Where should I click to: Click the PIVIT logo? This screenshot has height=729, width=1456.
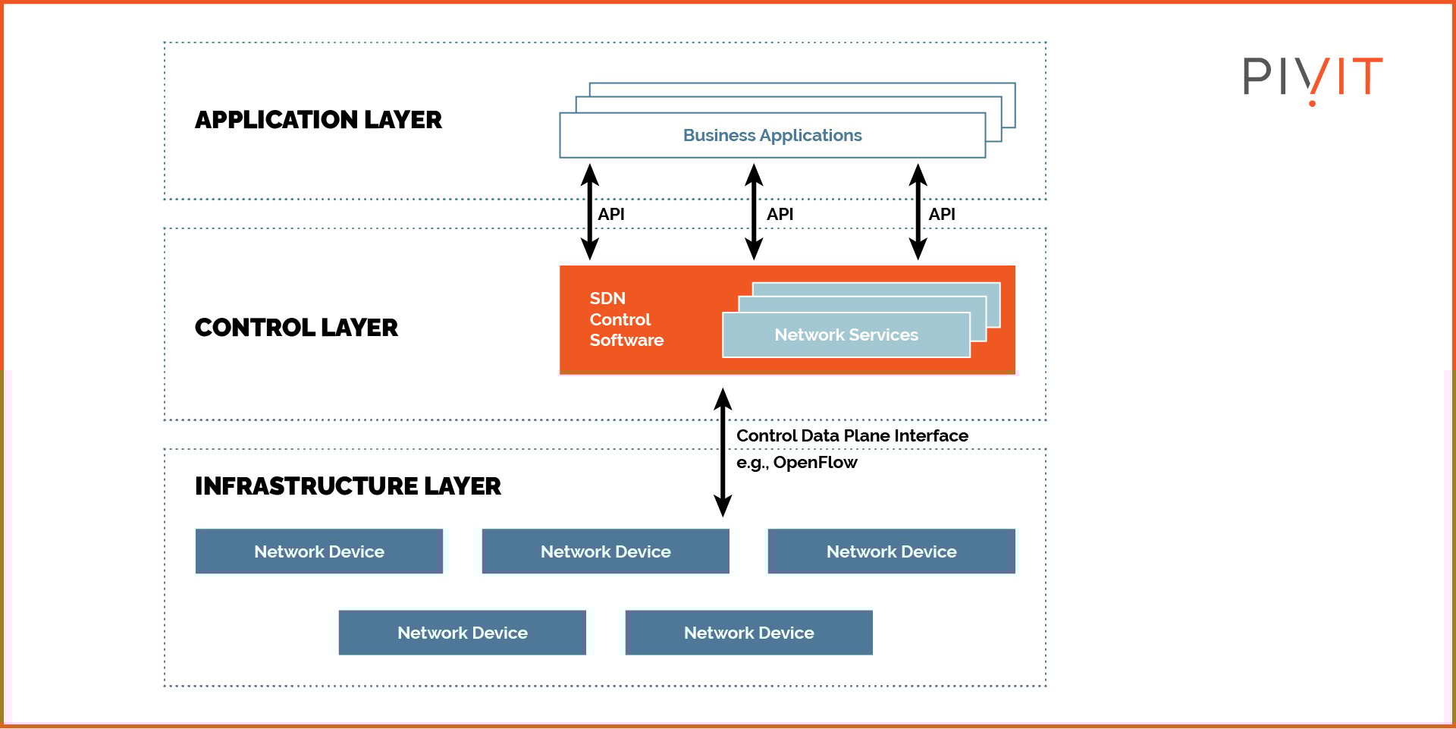point(1313,77)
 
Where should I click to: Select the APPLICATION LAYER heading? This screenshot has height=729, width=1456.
point(318,120)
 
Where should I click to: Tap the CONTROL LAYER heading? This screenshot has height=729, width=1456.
point(296,328)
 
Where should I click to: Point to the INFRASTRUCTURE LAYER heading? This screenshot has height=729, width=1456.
point(347,486)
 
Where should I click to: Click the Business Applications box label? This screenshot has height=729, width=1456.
point(772,136)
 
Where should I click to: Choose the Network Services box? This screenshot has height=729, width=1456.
point(846,335)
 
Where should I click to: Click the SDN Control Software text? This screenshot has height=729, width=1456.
point(626,319)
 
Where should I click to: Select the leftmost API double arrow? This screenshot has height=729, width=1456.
point(590,212)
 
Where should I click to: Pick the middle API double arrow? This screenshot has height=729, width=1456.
point(754,212)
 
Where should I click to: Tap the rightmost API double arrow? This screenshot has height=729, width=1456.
point(918,212)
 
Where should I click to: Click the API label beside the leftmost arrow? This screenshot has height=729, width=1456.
point(611,215)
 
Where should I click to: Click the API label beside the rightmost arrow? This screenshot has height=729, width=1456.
point(942,215)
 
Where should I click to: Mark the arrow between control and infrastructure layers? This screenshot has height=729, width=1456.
point(723,452)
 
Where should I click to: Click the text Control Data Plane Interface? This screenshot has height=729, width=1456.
point(852,436)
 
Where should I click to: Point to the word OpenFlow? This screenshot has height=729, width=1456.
point(815,463)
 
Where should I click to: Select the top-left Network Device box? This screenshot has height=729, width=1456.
point(318,551)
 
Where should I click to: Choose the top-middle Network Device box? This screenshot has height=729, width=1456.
point(605,551)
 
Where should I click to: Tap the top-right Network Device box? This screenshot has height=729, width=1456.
point(891,551)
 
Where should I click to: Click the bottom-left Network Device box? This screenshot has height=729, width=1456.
point(462,633)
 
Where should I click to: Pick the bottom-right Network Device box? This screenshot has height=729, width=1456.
point(748,633)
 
